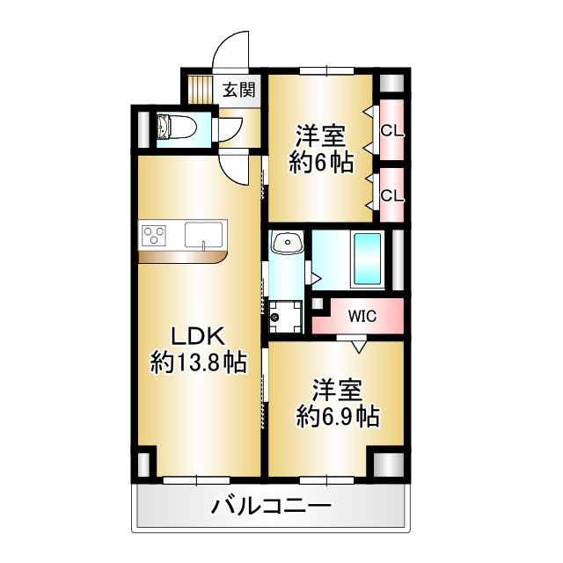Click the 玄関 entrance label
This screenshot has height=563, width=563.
click(238, 89)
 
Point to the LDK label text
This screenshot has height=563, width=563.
click(199, 336)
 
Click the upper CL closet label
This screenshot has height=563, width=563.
click(391, 132)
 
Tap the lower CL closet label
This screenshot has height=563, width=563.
click(391, 195)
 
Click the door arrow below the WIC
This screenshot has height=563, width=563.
click(357, 346)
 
